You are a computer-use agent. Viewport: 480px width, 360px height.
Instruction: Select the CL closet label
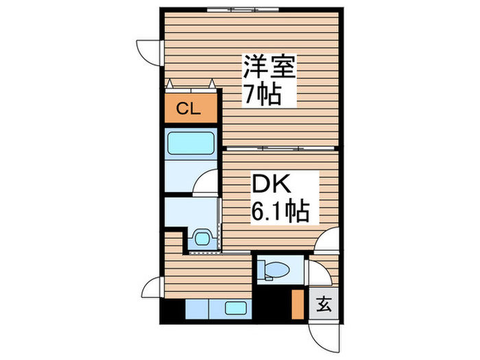(x=190, y=108)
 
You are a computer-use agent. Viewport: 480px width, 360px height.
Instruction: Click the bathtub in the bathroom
(x=191, y=144)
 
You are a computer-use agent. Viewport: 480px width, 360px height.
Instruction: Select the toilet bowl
(x=274, y=269)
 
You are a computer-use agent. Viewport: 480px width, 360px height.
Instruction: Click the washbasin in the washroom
(x=202, y=238)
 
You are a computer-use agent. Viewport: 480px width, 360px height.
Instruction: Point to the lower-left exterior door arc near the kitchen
(x=153, y=287)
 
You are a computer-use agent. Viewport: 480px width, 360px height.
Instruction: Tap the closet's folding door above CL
(x=191, y=85)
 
